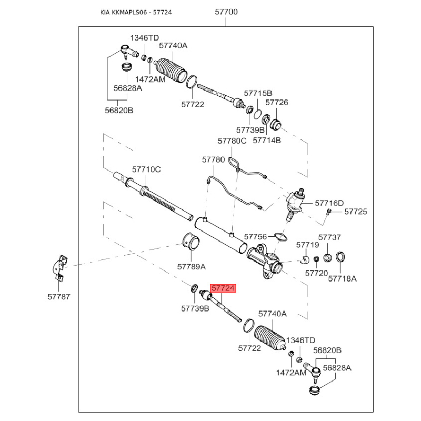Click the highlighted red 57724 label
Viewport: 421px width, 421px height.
223,288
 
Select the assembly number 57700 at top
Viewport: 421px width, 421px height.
226,11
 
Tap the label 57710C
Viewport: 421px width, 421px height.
146,169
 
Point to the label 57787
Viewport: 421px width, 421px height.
58,297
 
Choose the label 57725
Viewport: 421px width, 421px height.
356,212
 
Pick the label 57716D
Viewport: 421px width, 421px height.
329,203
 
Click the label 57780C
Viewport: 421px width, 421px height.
232,141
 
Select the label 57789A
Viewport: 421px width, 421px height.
191,267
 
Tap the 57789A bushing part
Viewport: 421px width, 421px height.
191,240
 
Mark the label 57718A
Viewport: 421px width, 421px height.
342,278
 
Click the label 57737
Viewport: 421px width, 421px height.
329,238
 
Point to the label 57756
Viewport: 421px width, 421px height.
256,237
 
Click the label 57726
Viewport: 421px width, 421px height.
276,103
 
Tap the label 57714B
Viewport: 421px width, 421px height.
267,141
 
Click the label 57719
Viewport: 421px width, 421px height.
307,245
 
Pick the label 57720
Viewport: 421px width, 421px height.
316,274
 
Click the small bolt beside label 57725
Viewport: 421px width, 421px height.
329,212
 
